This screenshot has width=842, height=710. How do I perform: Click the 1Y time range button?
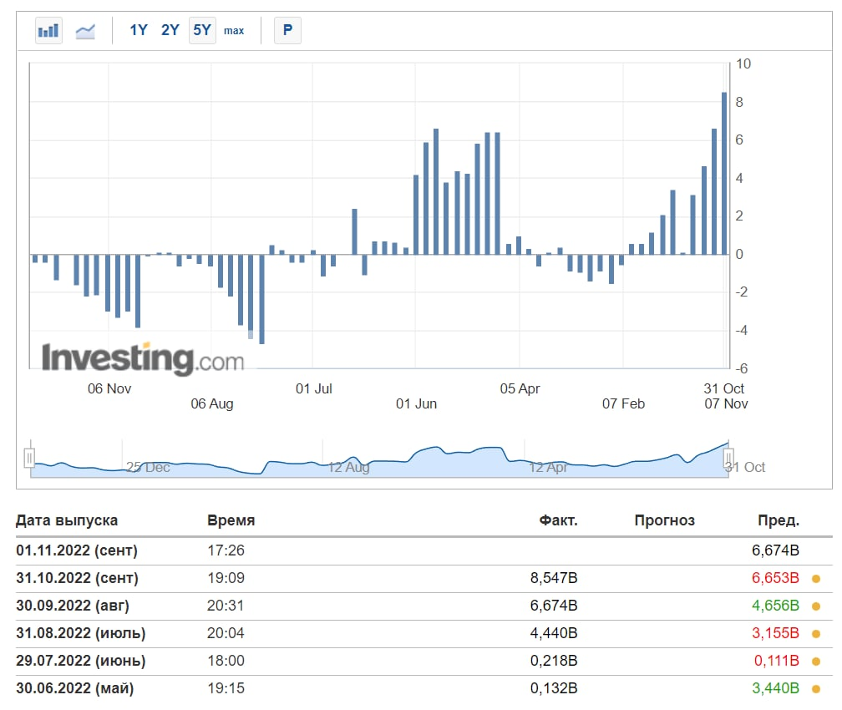[x=138, y=30]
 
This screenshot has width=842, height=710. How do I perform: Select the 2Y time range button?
[x=170, y=30]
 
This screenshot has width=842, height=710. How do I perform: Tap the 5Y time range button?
[x=202, y=30]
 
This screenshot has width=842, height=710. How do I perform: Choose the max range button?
[x=234, y=31]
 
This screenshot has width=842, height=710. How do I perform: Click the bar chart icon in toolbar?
[x=48, y=31]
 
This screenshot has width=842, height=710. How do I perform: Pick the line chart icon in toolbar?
[x=85, y=31]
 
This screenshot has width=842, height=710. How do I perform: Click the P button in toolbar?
[x=287, y=30]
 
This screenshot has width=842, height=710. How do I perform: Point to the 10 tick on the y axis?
[x=743, y=64]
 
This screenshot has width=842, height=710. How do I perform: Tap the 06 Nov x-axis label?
[x=109, y=388]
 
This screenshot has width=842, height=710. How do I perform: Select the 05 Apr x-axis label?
[x=520, y=388]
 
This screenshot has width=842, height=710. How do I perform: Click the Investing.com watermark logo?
[x=143, y=359]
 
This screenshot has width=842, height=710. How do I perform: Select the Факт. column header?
[x=558, y=520]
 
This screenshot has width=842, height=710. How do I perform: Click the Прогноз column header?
[x=664, y=520]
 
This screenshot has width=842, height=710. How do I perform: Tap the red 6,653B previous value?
[x=776, y=578]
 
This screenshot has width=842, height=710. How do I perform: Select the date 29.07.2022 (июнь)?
[x=80, y=661]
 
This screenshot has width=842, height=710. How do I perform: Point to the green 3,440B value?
[x=776, y=688]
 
